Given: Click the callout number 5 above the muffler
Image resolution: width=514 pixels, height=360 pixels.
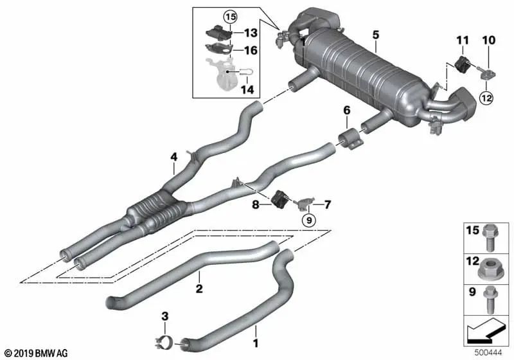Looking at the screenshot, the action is coord(376,35).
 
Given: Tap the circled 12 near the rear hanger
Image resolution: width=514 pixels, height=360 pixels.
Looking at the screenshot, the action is coord(487,97).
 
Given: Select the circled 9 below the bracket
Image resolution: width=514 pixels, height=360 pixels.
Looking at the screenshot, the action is coord(309,221).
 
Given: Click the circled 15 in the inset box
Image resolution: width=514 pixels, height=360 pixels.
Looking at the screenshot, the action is coord(230,16).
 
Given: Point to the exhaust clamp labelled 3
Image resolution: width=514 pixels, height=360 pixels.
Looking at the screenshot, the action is coord(166,342).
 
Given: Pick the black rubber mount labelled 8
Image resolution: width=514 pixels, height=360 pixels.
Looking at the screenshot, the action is coord(279,198).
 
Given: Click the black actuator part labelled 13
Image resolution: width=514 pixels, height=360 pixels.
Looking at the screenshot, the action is coord(218,31).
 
